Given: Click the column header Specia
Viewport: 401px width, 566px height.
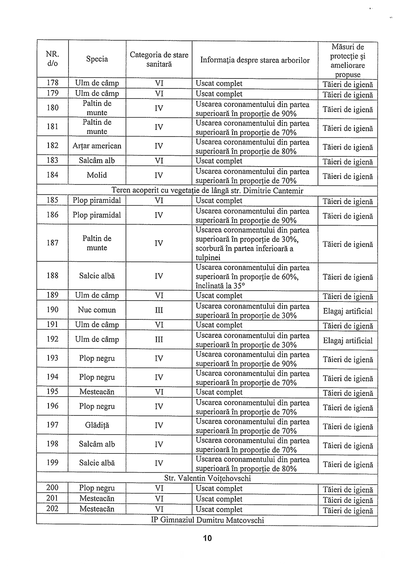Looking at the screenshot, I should pyautogui.click(x=97, y=59).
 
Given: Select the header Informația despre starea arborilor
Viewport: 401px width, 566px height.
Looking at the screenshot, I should pyautogui.click(x=255, y=60).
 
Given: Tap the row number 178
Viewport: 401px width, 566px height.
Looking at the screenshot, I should pyautogui.click(x=53, y=83).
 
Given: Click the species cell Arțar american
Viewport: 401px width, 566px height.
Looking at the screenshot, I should pyautogui.click(x=97, y=146).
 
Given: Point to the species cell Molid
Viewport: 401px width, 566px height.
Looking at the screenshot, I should pyautogui.click(x=97, y=175).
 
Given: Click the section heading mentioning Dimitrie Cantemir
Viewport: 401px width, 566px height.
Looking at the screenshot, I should pyautogui.click(x=207, y=191).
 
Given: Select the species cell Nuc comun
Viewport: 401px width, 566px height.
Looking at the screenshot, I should pyautogui.click(x=97, y=310).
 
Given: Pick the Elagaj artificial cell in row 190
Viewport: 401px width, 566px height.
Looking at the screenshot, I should pyautogui.click(x=348, y=311).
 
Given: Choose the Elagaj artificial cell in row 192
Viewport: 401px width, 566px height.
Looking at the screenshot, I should pyautogui.click(x=348, y=341).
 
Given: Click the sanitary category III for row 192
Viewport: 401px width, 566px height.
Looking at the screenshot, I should pyautogui.click(x=159, y=339).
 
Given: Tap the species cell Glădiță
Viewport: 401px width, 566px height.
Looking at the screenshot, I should pyautogui.click(x=97, y=425).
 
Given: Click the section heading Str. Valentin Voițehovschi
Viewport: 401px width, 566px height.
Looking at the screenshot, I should pyautogui.click(x=207, y=478).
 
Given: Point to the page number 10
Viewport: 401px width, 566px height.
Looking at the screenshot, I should pyautogui.click(x=207, y=538).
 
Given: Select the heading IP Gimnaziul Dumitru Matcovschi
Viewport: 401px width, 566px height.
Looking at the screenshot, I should pyautogui.click(x=207, y=520).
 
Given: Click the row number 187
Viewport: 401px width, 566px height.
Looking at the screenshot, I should pyautogui.click(x=53, y=243).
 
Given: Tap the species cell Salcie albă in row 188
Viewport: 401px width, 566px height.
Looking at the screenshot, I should pyautogui.click(x=97, y=276).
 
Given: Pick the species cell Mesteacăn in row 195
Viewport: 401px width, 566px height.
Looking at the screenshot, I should pyautogui.click(x=97, y=392).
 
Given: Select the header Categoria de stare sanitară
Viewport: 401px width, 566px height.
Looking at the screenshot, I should pyautogui.click(x=159, y=59).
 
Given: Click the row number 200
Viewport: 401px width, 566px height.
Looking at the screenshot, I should pyautogui.click(x=53, y=488).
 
